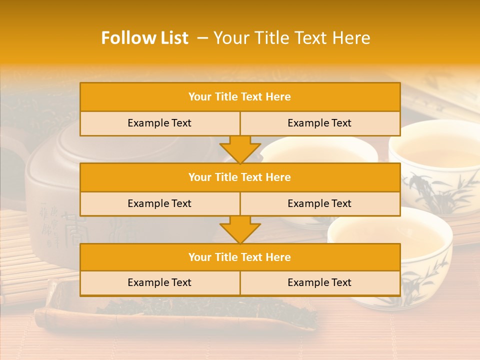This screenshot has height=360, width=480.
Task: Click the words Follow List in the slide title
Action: click(145, 38)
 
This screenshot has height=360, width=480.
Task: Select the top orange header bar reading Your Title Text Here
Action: click(239, 97)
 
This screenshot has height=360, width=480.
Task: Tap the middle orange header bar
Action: click(239, 177)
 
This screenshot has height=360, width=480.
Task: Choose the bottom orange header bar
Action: click(239, 257)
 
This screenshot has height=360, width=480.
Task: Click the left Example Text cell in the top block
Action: click(159, 123)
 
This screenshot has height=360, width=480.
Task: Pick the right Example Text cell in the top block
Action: click(319, 123)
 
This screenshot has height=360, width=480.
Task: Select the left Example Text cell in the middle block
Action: click(159, 203)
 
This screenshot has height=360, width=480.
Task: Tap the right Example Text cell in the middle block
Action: click(319, 203)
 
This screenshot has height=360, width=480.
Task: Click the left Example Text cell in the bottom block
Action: click(159, 282)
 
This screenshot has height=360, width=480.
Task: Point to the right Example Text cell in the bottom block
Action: click(319, 282)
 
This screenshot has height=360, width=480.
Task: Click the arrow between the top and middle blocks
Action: click(240, 149)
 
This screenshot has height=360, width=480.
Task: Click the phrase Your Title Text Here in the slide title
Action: click(292, 38)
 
